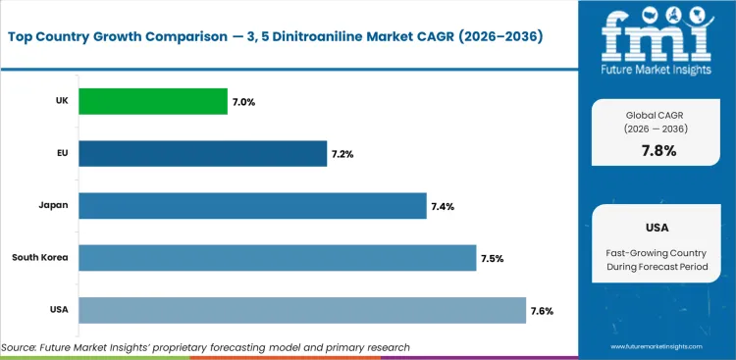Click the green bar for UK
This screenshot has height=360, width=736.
pos(152,101)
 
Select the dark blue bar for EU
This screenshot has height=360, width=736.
pos(202,153)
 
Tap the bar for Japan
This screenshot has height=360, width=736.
pos(252,206)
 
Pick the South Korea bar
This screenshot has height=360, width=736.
pos(277,258)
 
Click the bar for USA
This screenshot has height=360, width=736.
pos(302,311)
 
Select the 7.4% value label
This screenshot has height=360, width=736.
pos(443,206)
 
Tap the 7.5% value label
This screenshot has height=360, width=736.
pos(492,259)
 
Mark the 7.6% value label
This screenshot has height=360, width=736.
pos(542,311)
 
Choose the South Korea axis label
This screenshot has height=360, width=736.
pos(40,258)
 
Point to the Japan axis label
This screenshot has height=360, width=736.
pos(53,206)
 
